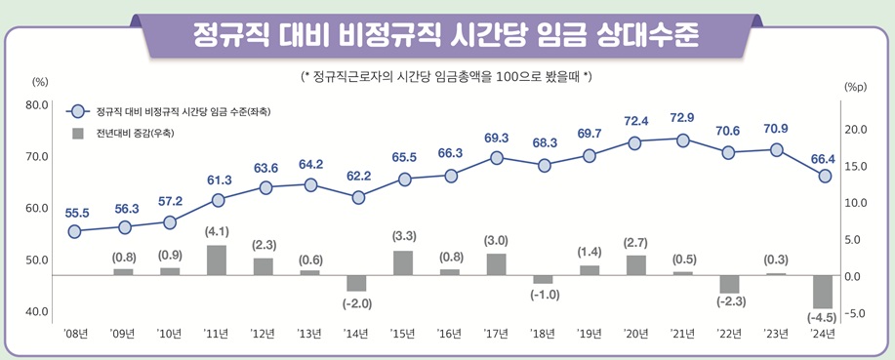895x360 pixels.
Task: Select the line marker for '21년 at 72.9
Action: (x=682, y=140)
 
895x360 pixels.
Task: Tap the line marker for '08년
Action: (x=76, y=231)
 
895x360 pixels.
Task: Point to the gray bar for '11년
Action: (x=218, y=260)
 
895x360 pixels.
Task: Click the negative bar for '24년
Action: (x=823, y=292)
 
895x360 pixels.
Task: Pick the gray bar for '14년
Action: (x=357, y=283)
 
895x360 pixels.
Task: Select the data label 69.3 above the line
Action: (x=497, y=138)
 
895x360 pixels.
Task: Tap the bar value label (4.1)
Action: (x=217, y=231)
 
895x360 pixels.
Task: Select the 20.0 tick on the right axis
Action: (x=856, y=130)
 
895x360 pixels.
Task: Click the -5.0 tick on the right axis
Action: (x=856, y=313)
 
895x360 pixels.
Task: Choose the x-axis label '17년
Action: (x=497, y=334)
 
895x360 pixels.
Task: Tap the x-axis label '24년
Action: (x=823, y=334)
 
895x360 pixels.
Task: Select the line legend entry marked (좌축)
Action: (x=176, y=112)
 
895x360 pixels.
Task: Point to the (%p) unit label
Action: (x=856, y=87)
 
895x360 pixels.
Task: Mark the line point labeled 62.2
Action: (x=357, y=197)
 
